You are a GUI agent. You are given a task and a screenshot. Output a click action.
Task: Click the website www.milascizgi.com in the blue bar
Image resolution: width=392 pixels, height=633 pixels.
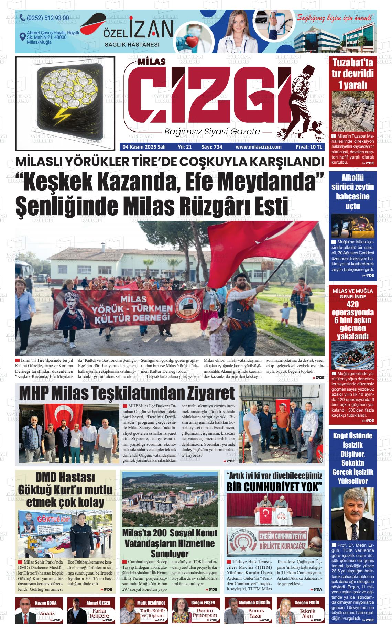coord(258,147)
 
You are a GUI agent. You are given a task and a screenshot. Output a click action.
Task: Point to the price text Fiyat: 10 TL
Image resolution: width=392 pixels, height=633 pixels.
coord(309,147)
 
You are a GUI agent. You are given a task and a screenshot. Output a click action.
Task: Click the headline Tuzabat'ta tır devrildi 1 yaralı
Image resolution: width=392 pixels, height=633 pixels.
coord(352,74)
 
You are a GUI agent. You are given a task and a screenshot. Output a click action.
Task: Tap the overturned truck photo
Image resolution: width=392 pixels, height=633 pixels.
coord(352,111)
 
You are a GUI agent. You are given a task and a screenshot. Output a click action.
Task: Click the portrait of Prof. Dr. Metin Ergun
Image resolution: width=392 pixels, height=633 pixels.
coord(352,514)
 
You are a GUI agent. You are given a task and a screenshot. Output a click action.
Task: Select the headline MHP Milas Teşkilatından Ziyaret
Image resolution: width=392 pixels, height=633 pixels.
coord(127,393)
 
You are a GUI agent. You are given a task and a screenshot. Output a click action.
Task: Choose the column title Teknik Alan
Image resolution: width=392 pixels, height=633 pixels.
coord(307,614)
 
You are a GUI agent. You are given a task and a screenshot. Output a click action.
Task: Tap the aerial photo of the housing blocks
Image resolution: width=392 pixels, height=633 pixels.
coord(170,499)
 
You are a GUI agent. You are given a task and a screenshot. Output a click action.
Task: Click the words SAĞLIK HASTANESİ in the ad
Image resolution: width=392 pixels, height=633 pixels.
coord(132,45)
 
